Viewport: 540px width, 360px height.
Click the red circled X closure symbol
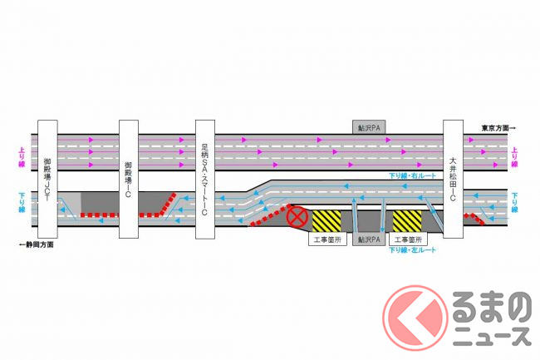tap(297, 219)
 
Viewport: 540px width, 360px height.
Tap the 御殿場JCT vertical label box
tap(47, 178)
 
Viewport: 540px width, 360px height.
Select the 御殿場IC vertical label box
tap(128, 178)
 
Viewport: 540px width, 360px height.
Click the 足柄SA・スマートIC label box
tap(208, 178)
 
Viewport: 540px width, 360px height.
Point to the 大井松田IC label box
tap(453, 178)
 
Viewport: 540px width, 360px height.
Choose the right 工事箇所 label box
tap(410, 239)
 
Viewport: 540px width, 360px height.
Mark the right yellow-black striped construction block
tap(408, 220)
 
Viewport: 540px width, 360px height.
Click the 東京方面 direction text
tap(498, 127)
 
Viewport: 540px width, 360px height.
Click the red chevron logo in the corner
tap(412, 318)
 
